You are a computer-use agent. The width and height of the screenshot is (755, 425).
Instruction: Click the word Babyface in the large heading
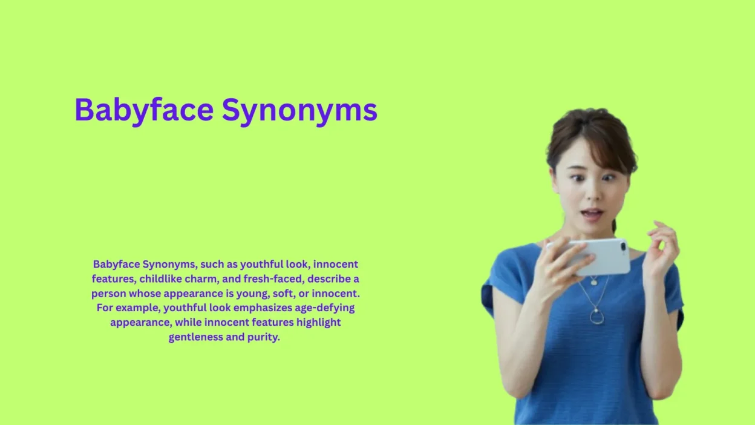[144, 111]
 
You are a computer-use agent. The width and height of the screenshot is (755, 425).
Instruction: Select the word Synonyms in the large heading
[299, 111]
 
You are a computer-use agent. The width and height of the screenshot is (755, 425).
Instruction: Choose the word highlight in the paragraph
[318, 322]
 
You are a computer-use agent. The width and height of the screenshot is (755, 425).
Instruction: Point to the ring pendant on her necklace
[596, 317]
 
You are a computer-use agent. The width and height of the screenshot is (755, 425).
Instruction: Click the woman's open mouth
[592, 214]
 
